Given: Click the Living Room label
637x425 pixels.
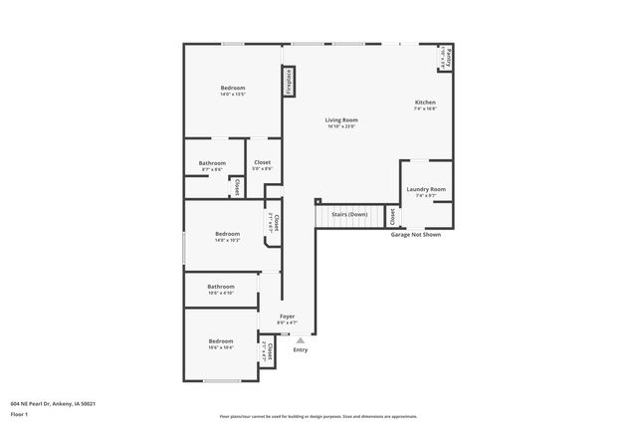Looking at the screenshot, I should tap(340, 120).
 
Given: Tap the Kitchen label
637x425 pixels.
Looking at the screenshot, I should tap(425, 103).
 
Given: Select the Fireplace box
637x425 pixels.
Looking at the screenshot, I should tap(289, 82).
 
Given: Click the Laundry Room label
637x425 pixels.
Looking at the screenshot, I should tap(425, 189).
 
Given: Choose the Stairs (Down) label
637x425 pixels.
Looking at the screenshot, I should tap(349, 215).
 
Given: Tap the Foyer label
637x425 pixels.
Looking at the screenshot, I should tap(287, 317).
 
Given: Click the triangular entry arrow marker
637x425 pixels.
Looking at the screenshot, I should tap(300, 339).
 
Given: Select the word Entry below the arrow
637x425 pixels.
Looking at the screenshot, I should tap(300, 349).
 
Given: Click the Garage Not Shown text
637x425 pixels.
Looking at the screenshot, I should tap(415, 235).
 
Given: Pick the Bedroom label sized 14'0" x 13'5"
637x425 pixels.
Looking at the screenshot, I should tap(233, 89).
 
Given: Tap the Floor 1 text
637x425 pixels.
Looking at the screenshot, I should tap(20, 414).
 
